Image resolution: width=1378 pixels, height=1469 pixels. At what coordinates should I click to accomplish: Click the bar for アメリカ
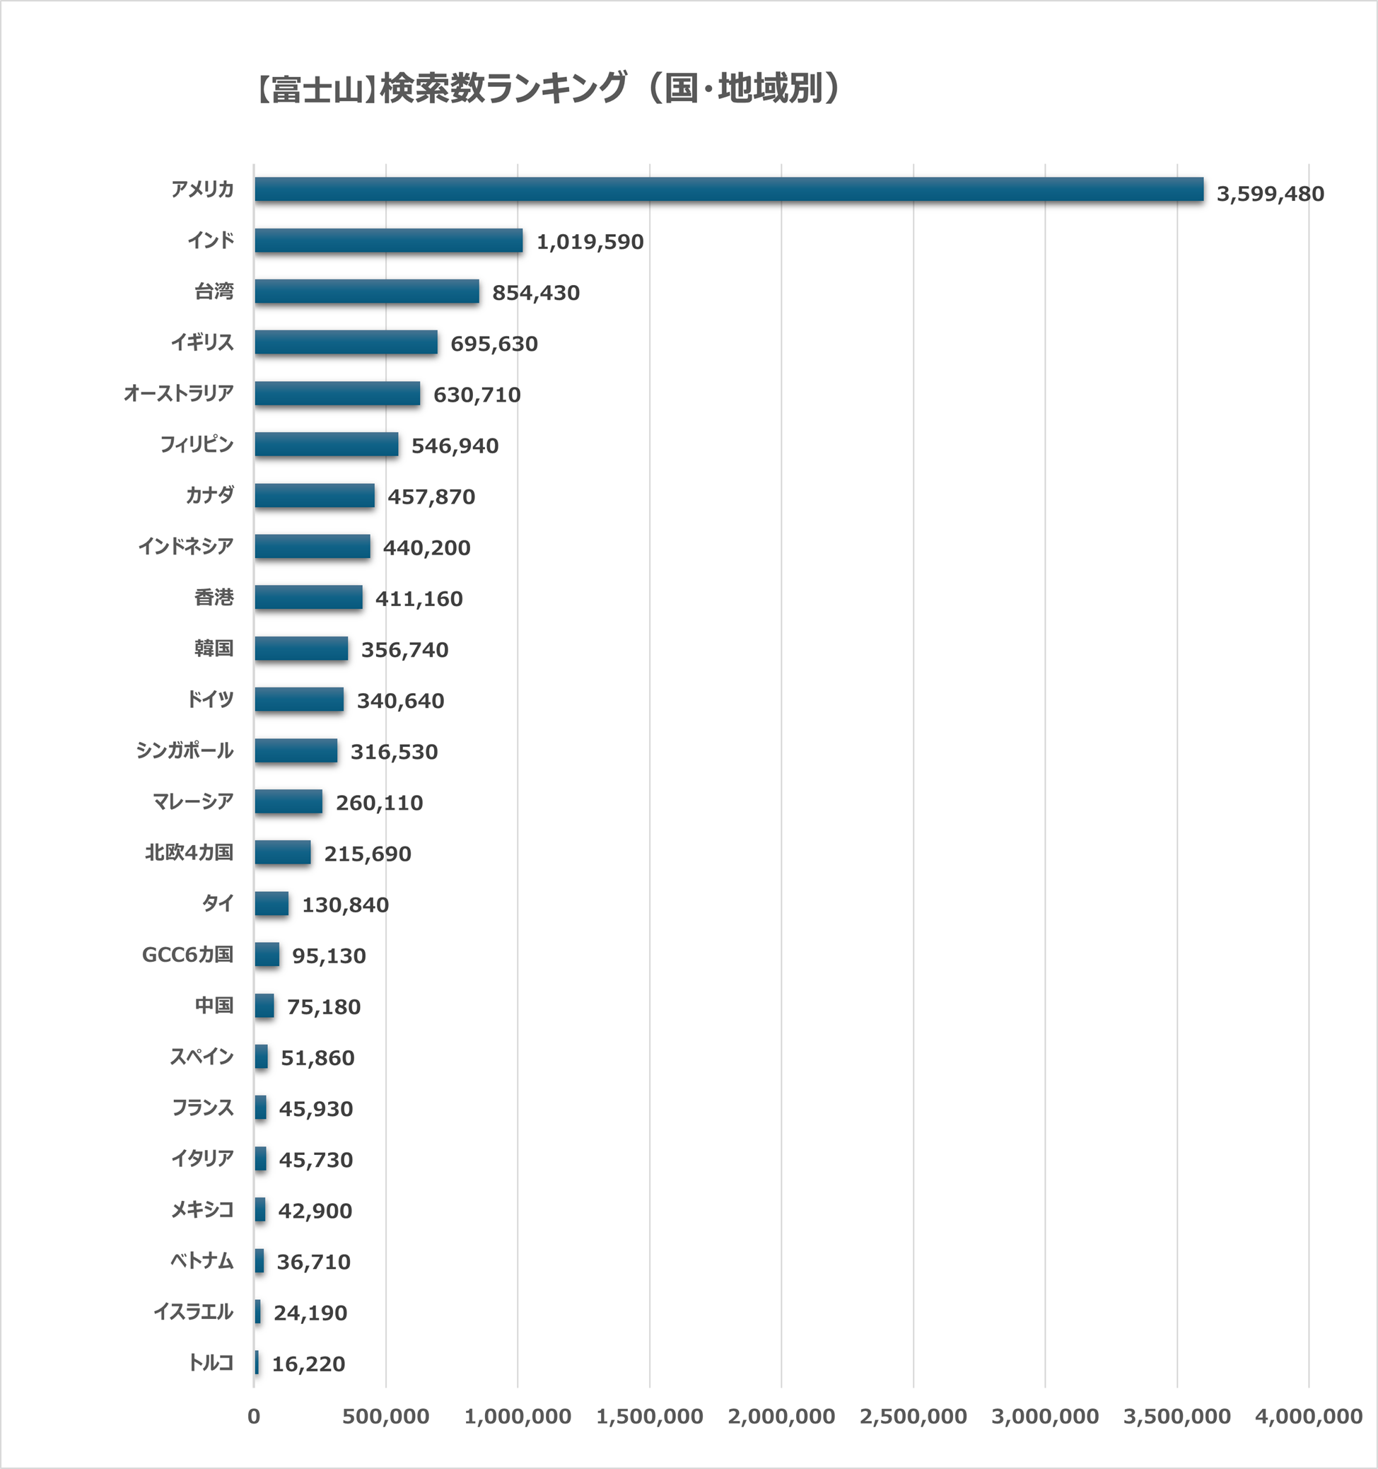(728, 190)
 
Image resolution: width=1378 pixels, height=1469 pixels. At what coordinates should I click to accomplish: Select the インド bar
(389, 241)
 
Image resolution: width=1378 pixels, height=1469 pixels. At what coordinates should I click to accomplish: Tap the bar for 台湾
(366, 292)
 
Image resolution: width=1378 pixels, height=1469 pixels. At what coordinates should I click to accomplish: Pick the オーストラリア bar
(337, 394)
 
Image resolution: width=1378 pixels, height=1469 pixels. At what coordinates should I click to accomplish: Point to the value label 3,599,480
(1270, 194)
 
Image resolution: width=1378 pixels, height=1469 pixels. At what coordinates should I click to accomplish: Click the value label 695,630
(494, 344)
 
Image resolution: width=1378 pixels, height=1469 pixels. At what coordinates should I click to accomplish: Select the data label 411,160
(419, 599)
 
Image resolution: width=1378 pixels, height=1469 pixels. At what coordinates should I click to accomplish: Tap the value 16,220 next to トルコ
(309, 1364)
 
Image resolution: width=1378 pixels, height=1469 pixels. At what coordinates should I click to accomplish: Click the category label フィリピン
(197, 445)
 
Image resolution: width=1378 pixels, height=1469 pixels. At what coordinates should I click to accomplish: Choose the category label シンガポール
(185, 750)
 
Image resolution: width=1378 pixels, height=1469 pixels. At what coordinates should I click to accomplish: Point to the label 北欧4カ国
(189, 853)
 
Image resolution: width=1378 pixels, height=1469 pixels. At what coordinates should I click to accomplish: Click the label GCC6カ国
(187, 955)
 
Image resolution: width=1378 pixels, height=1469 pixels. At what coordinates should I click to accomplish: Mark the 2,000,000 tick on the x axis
(782, 1417)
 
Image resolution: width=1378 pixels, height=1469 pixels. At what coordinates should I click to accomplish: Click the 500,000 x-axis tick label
(386, 1417)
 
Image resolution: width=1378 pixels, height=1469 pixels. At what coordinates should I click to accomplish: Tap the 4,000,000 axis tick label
(1309, 1417)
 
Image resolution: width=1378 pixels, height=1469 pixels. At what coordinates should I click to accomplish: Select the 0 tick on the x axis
(254, 1417)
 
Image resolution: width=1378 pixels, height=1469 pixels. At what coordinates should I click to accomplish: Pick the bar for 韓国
(301, 649)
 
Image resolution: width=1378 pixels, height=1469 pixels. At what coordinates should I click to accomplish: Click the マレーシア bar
(288, 802)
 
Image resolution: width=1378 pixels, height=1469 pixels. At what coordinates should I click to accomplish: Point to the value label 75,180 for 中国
(324, 1007)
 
